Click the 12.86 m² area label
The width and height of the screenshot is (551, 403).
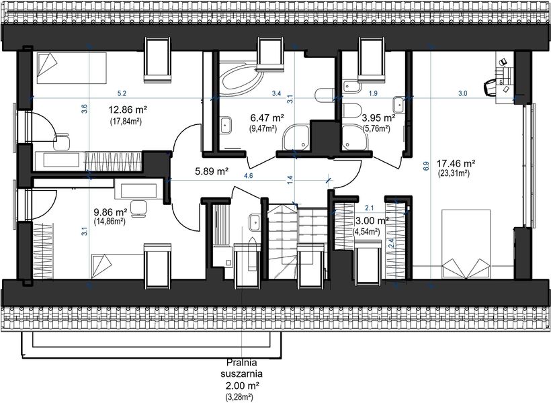pyautogui.click(x=128, y=109)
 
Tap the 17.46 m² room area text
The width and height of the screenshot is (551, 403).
pyautogui.click(x=456, y=163)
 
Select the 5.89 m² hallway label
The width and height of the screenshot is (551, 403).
pyautogui.click(x=212, y=171)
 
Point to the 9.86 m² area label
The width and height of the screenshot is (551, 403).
pyautogui.click(x=110, y=212)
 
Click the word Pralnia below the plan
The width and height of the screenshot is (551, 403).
pyautogui.click(x=242, y=362)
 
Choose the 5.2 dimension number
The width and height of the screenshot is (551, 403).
pyautogui.click(x=122, y=93)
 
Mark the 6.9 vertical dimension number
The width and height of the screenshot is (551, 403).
pyautogui.click(x=427, y=166)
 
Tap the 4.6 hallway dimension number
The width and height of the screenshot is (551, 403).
pyautogui.click(x=249, y=176)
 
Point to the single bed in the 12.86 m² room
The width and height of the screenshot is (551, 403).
pyautogui.click(x=72, y=68)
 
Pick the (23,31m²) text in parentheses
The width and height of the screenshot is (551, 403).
pyautogui.click(x=454, y=173)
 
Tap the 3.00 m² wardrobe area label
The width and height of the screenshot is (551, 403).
pyautogui.click(x=372, y=221)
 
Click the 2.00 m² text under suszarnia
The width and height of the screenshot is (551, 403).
pyautogui.click(x=242, y=385)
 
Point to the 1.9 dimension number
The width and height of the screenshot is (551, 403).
pyautogui.click(x=373, y=93)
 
